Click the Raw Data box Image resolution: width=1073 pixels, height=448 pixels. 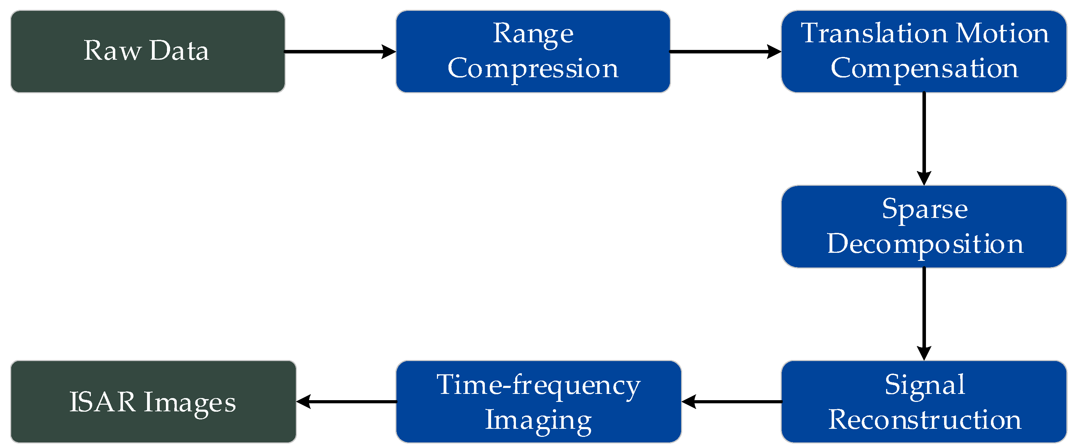(147, 51)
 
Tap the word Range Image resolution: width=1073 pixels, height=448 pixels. (533, 33)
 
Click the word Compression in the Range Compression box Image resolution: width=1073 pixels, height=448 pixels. (533, 68)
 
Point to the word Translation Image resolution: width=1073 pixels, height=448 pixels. (874, 33)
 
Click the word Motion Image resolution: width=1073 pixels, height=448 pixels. (1002, 33)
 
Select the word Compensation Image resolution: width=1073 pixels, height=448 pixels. (924, 68)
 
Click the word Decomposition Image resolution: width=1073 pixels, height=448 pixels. (925, 244)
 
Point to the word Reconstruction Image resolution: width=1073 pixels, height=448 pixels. (925, 419)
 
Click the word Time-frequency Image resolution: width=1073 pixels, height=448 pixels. (538, 385)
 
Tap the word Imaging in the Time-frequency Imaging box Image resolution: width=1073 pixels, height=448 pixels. (538, 420)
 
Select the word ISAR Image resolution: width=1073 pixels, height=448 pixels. (102, 402)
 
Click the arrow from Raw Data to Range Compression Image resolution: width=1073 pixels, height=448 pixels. (340, 52)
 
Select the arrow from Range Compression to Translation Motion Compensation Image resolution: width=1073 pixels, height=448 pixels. (725, 52)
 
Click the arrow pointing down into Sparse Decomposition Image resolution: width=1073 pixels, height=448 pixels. (924, 137)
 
